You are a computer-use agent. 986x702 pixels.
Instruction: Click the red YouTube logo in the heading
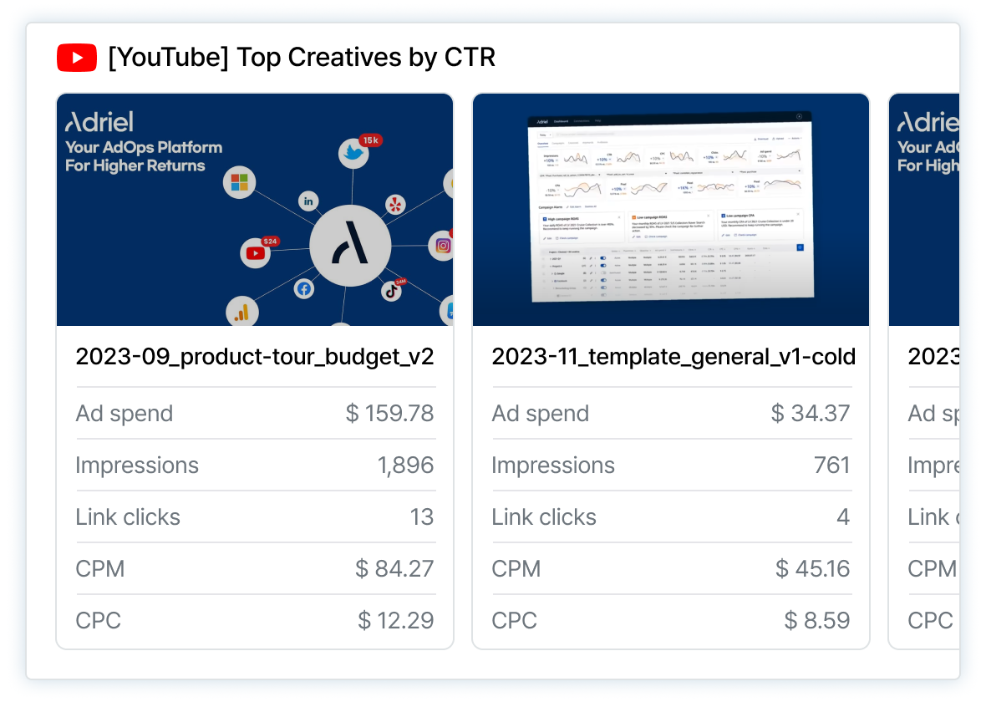77,58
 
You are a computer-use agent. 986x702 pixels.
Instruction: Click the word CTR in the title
468,58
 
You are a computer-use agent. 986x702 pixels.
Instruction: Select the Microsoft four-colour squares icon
241,181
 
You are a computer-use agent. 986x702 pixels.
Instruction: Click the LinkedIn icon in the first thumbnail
309,201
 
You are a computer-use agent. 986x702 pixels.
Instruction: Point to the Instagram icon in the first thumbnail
443,246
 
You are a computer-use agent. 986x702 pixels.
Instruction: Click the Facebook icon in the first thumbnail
303,288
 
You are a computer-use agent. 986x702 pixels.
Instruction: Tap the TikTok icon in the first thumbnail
391,291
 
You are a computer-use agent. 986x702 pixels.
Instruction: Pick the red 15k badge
370,140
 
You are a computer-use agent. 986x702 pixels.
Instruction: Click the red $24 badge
270,242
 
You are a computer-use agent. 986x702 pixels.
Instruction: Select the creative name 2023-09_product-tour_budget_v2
255,357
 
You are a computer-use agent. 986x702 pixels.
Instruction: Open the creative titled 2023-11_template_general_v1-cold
673,357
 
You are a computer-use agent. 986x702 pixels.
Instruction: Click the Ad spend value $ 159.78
390,414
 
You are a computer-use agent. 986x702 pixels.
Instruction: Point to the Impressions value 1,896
406,465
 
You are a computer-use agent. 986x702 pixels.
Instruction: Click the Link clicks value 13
422,517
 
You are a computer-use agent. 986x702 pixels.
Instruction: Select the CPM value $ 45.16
811,569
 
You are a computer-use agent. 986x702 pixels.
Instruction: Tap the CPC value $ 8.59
817,621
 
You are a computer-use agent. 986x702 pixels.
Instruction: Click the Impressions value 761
832,465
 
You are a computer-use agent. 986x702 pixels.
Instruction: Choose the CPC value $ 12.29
396,621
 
